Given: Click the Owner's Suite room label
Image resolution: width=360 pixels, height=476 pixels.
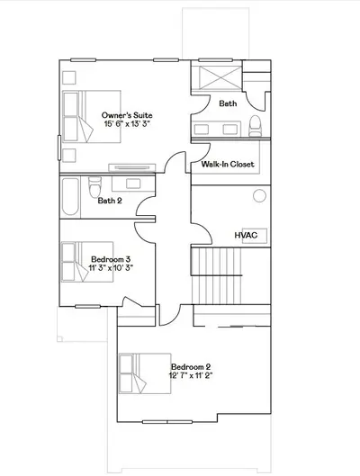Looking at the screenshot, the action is pyautogui.click(x=127, y=115).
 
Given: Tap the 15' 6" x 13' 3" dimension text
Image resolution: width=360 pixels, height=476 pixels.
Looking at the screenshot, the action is pyautogui.click(x=127, y=124).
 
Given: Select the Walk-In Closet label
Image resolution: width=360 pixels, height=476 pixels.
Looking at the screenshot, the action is pyautogui.click(x=228, y=165).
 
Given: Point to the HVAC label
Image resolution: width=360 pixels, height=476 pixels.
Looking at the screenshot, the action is pyautogui.click(x=246, y=235).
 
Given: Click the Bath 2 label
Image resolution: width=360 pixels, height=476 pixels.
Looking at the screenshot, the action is pyautogui.click(x=110, y=201).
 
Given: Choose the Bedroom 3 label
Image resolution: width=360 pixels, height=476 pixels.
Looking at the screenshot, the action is pyautogui.click(x=111, y=259).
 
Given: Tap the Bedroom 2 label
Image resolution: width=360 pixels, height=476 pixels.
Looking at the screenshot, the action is pyautogui.click(x=191, y=367).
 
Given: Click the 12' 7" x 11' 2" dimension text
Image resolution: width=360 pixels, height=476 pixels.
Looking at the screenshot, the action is pyautogui.click(x=191, y=375).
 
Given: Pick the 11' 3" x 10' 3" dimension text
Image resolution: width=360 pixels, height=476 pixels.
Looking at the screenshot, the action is pyautogui.click(x=111, y=268).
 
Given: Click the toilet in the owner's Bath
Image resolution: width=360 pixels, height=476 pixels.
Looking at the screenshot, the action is pyautogui.click(x=256, y=126).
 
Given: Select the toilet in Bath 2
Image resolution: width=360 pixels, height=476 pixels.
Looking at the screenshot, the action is pyautogui.click(x=94, y=186).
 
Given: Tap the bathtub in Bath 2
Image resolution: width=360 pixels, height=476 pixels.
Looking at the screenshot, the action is pyautogui.click(x=70, y=197).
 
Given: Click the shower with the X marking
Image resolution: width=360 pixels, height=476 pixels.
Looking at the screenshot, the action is pyautogui.click(x=220, y=78).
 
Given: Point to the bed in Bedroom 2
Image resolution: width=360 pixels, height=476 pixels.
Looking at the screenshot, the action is pyautogui.click(x=145, y=373).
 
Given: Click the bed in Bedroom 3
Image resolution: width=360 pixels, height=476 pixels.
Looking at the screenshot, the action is pyautogui.click(x=87, y=262).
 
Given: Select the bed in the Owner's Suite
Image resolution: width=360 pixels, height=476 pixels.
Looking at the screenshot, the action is pyautogui.click(x=92, y=117).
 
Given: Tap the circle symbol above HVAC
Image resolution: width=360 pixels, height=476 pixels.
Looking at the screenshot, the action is pyautogui.click(x=259, y=196).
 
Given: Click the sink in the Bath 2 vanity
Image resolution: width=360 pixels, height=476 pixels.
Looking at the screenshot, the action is pyautogui.click(x=133, y=184).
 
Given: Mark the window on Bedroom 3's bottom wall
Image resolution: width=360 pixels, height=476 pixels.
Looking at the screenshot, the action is pyautogui.click(x=87, y=307).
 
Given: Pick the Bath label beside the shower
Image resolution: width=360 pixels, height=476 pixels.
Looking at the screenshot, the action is pyautogui.click(x=228, y=103).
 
